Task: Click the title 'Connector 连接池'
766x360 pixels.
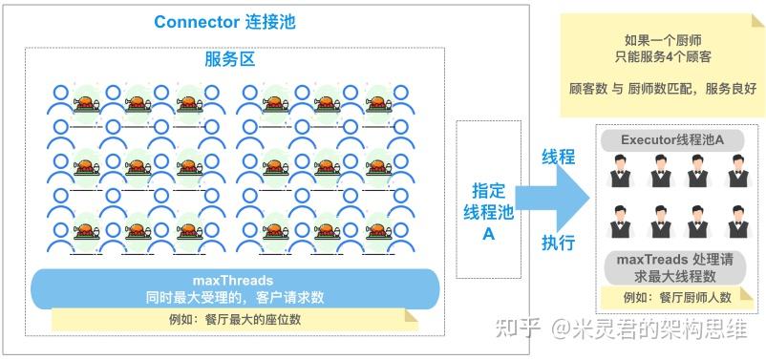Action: (x=225, y=22)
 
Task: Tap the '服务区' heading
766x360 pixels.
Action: (x=229, y=59)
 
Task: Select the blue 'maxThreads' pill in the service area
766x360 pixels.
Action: (x=234, y=287)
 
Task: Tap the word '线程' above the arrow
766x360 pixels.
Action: (x=558, y=156)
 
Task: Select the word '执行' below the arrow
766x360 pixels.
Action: (x=558, y=243)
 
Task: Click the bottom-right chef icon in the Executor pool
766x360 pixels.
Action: (x=736, y=222)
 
